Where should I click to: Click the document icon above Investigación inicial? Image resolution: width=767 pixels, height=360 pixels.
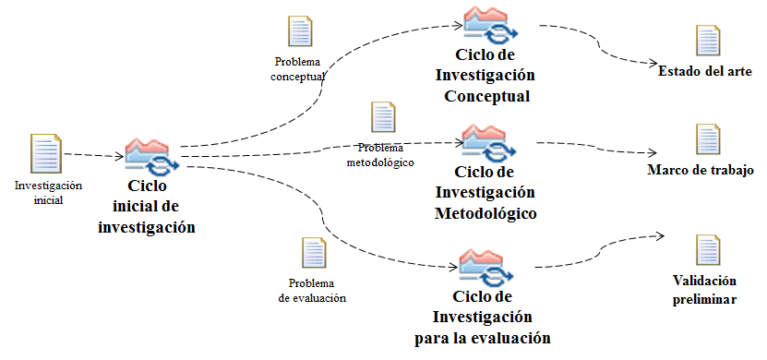(46, 153)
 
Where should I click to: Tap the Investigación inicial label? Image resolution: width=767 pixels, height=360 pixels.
(48, 193)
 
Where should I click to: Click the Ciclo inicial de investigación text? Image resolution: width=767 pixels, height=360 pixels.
(147, 207)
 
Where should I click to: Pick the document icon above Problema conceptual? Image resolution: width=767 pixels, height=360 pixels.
(300, 31)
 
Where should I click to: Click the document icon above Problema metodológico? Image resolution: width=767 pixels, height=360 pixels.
(383, 117)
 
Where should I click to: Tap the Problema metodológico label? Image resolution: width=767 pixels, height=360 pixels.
(380, 155)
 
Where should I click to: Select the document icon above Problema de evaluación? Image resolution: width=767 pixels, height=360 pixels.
(314, 253)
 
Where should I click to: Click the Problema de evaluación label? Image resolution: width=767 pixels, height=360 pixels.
(312, 291)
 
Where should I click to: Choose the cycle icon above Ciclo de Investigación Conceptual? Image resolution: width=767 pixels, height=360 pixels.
(491, 24)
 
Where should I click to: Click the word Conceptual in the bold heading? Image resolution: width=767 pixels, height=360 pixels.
(486, 96)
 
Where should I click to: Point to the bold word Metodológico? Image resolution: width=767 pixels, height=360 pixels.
(485, 214)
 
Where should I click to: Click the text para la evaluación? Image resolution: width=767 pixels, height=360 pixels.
(483, 338)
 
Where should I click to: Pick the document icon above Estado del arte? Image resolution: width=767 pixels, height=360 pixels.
(708, 40)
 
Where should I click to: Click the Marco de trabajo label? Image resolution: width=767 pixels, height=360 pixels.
(701, 170)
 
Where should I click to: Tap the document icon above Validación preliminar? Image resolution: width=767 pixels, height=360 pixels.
(708, 250)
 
